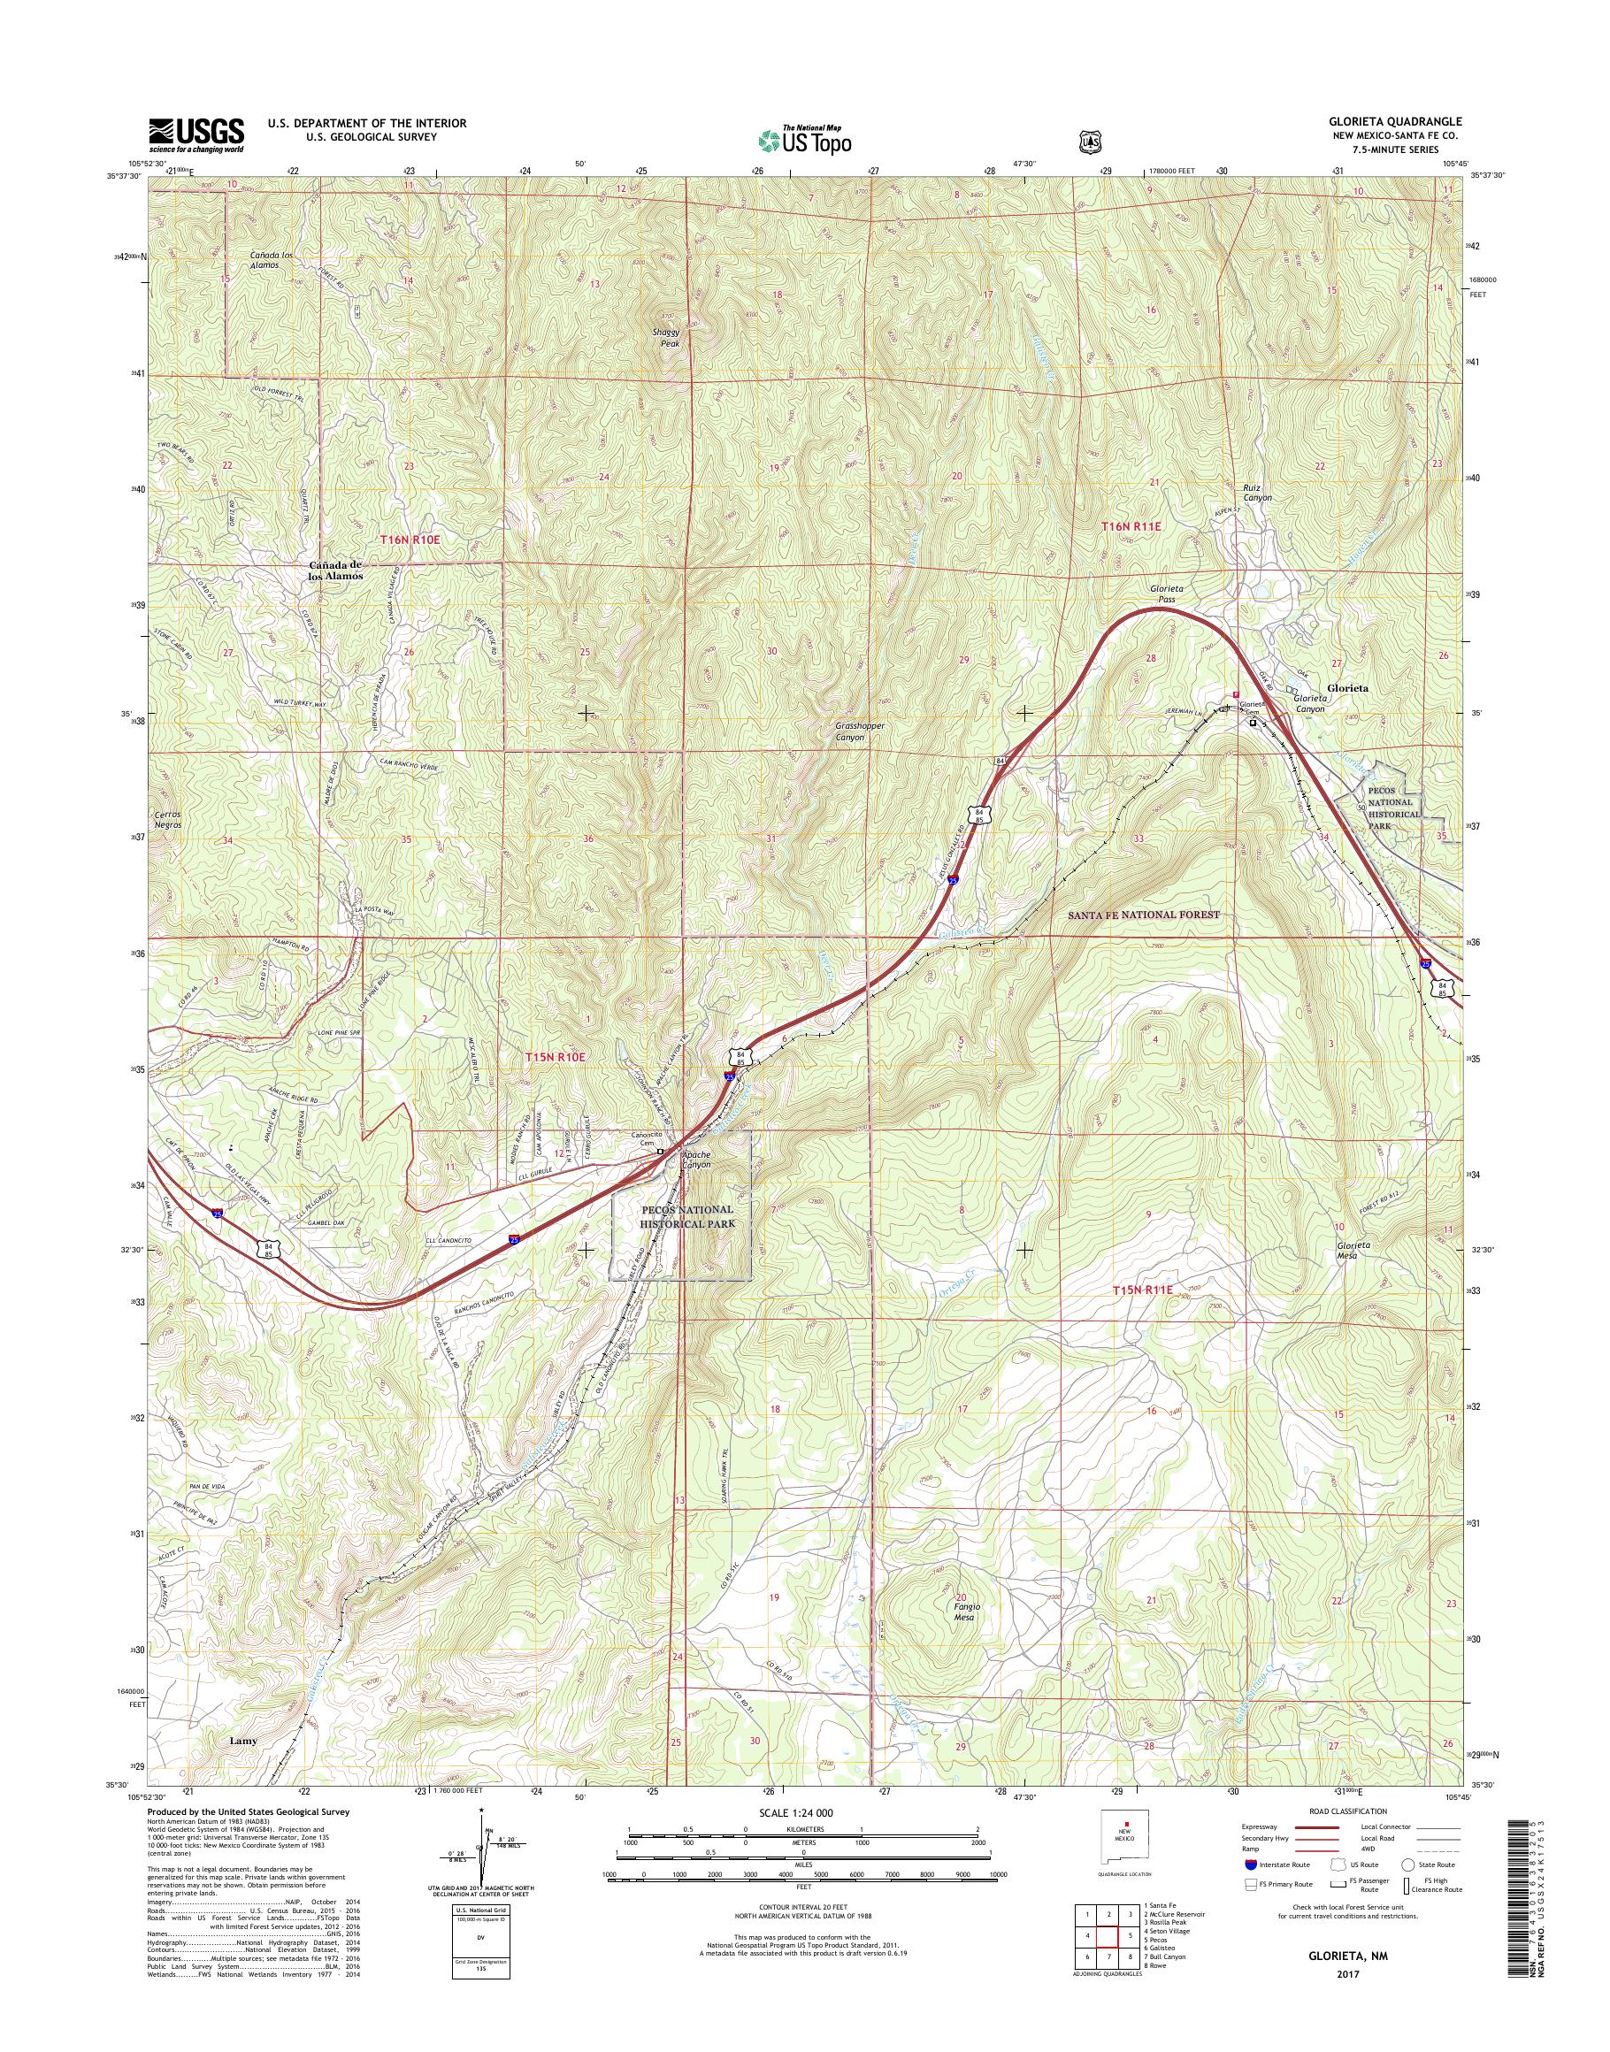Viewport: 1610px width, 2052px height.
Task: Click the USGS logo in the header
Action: click(x=196, y=134)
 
